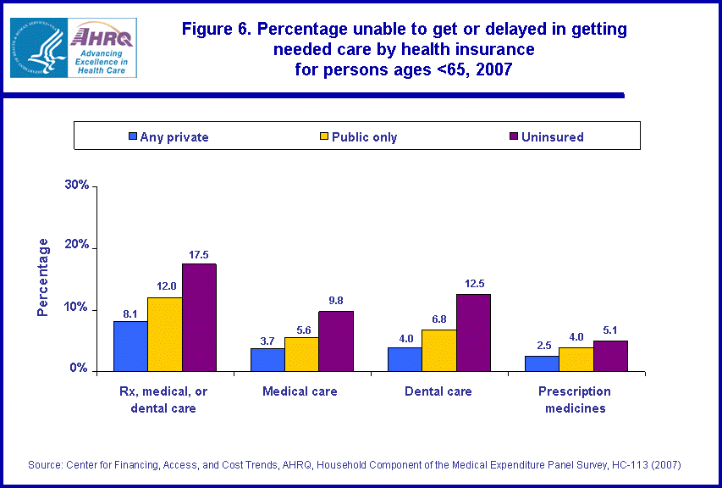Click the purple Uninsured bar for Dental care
(x=473, y=332)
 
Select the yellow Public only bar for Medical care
(x=301, y=353)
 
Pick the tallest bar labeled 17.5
(x=199, y=317)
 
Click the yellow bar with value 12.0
(x=164, y=334)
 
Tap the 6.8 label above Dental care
(x=438, y=319)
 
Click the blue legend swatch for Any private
(x=133, y=136)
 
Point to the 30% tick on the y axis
(x=77, y=186)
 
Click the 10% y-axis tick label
(x=77, y=308)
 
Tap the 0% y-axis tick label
(x=80, y=369)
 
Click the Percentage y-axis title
(x=43, y=277)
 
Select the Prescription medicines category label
(x=575, y=400)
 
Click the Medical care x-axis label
(x=300, y=391)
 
